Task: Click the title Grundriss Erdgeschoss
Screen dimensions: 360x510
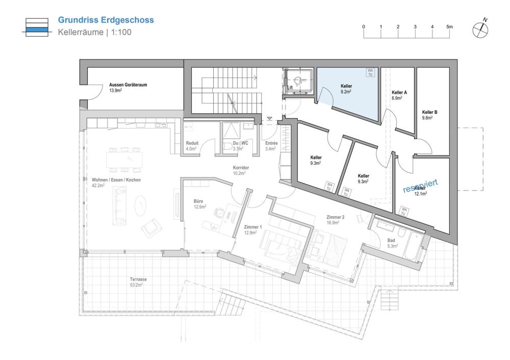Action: pos(106,20)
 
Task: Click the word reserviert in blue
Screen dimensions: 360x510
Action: pos(420,185)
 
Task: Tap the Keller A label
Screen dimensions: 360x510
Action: pos(399,93)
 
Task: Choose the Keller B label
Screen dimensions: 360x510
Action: pos(429,112)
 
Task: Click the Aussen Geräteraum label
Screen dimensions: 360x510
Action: pos(128,85)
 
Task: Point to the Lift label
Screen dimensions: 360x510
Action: pos(290,88)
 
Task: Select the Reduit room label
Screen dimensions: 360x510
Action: pos(192,143)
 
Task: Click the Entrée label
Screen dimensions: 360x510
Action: pos(271,143)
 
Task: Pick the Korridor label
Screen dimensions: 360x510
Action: pos(240,167)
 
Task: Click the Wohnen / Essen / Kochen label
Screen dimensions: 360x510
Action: pos(116,180)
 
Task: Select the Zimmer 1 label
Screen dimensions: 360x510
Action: pos(253,226)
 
